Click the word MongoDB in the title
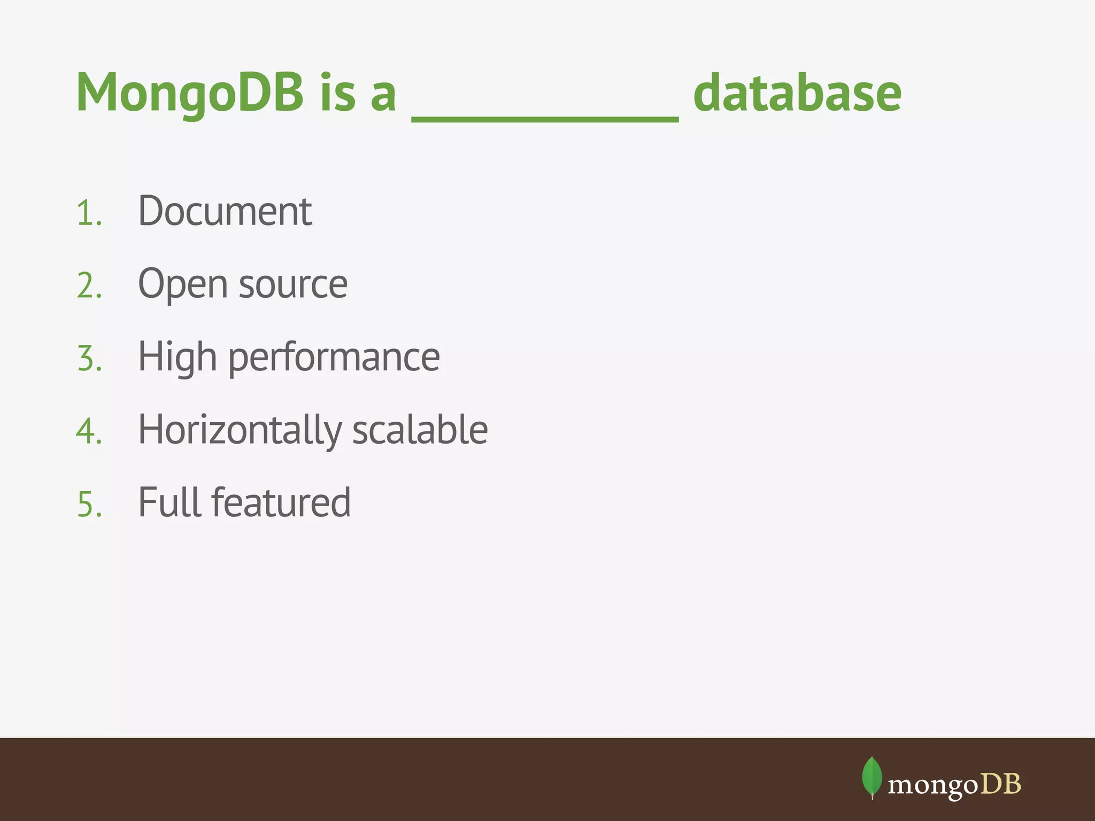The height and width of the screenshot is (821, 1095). coord(190,94)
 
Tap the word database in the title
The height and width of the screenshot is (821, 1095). coord(797,94)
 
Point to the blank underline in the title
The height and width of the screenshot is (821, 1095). coord(545,119)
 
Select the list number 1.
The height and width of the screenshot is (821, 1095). coord(89,213)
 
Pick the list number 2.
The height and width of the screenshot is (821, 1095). coord(89,286)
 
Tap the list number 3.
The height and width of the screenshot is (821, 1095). coord(89,359)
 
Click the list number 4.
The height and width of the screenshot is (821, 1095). coord(89,431)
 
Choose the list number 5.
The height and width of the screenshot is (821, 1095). coord(89,504)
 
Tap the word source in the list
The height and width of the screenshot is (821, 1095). coord(293,285)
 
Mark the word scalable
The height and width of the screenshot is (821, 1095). coord(420,430)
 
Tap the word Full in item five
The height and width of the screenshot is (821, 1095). coord(169,502)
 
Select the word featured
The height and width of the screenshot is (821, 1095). coord(281,502)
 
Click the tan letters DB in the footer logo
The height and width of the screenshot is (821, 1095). coord(1001,784)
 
